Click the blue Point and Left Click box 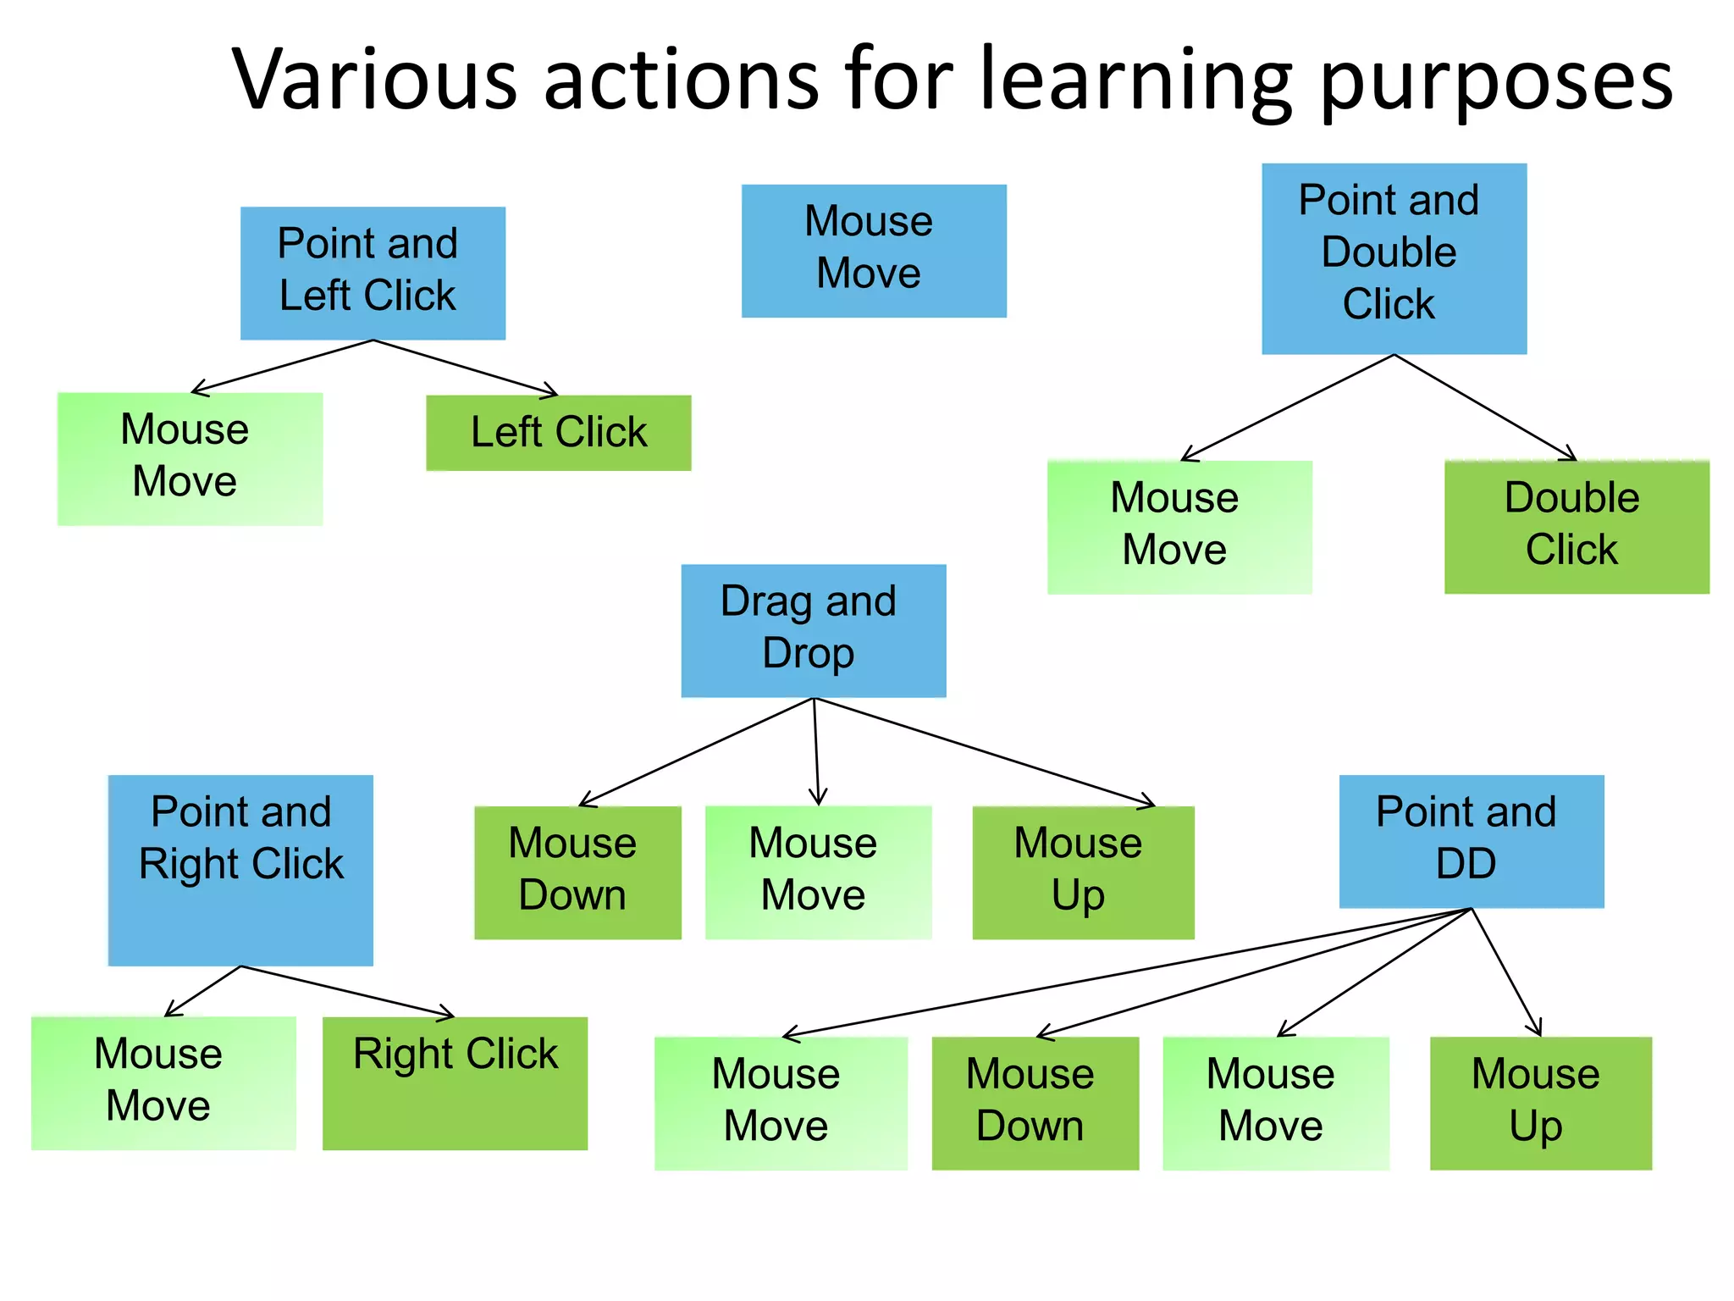tap(373, 273)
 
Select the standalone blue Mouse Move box tap(874, 251)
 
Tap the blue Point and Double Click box tap(1394, 258)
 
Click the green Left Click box tap(558, 433)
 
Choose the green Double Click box tap(1576, 526)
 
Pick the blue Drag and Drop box tap(813, 630)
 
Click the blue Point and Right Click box tap(240, 870)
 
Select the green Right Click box tap(455, 1082)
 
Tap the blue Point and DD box tap(1471, 841)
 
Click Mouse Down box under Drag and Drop tap(577, 872)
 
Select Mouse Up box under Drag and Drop tap(1083, 872)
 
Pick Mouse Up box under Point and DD tap(1540, 1103)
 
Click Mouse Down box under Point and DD tap(1035, 1103)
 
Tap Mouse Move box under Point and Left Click tap(190, 458)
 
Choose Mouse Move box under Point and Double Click tap(1179, 526)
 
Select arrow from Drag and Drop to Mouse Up tap(982, 750)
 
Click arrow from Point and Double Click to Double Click tap(1486, 407)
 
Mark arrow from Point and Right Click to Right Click tap(347, 991)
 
